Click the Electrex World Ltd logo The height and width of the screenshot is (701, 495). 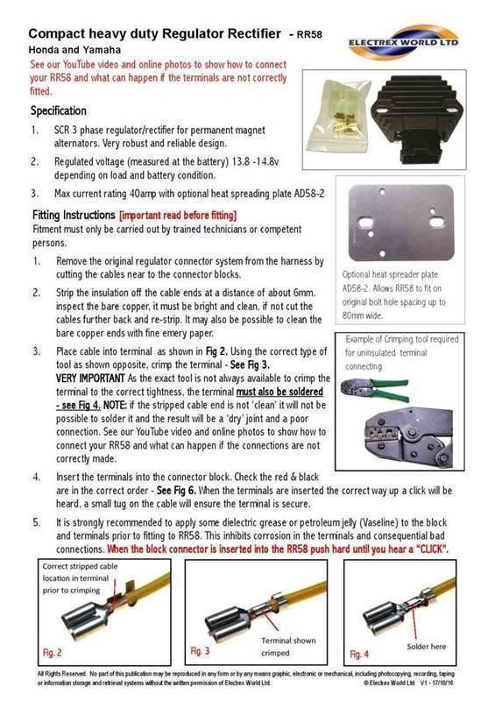403,41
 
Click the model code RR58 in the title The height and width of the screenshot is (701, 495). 309,34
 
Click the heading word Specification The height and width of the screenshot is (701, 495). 59,111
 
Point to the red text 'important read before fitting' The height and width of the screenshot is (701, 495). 178,216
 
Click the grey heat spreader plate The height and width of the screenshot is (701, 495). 401,223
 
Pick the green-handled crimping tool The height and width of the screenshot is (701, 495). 375,390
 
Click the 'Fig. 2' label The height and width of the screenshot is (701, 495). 53,653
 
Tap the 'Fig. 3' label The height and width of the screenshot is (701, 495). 200,651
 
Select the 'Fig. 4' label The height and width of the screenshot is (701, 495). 359,654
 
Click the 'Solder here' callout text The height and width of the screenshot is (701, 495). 426,647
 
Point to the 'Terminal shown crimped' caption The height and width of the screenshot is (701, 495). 288,647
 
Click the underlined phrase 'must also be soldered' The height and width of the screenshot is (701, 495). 279,392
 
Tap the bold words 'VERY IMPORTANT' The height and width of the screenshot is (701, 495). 90,379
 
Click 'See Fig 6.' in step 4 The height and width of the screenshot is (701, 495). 177,491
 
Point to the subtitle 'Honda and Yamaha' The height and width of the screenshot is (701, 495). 74,50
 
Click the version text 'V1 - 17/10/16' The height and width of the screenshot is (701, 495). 437,683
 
